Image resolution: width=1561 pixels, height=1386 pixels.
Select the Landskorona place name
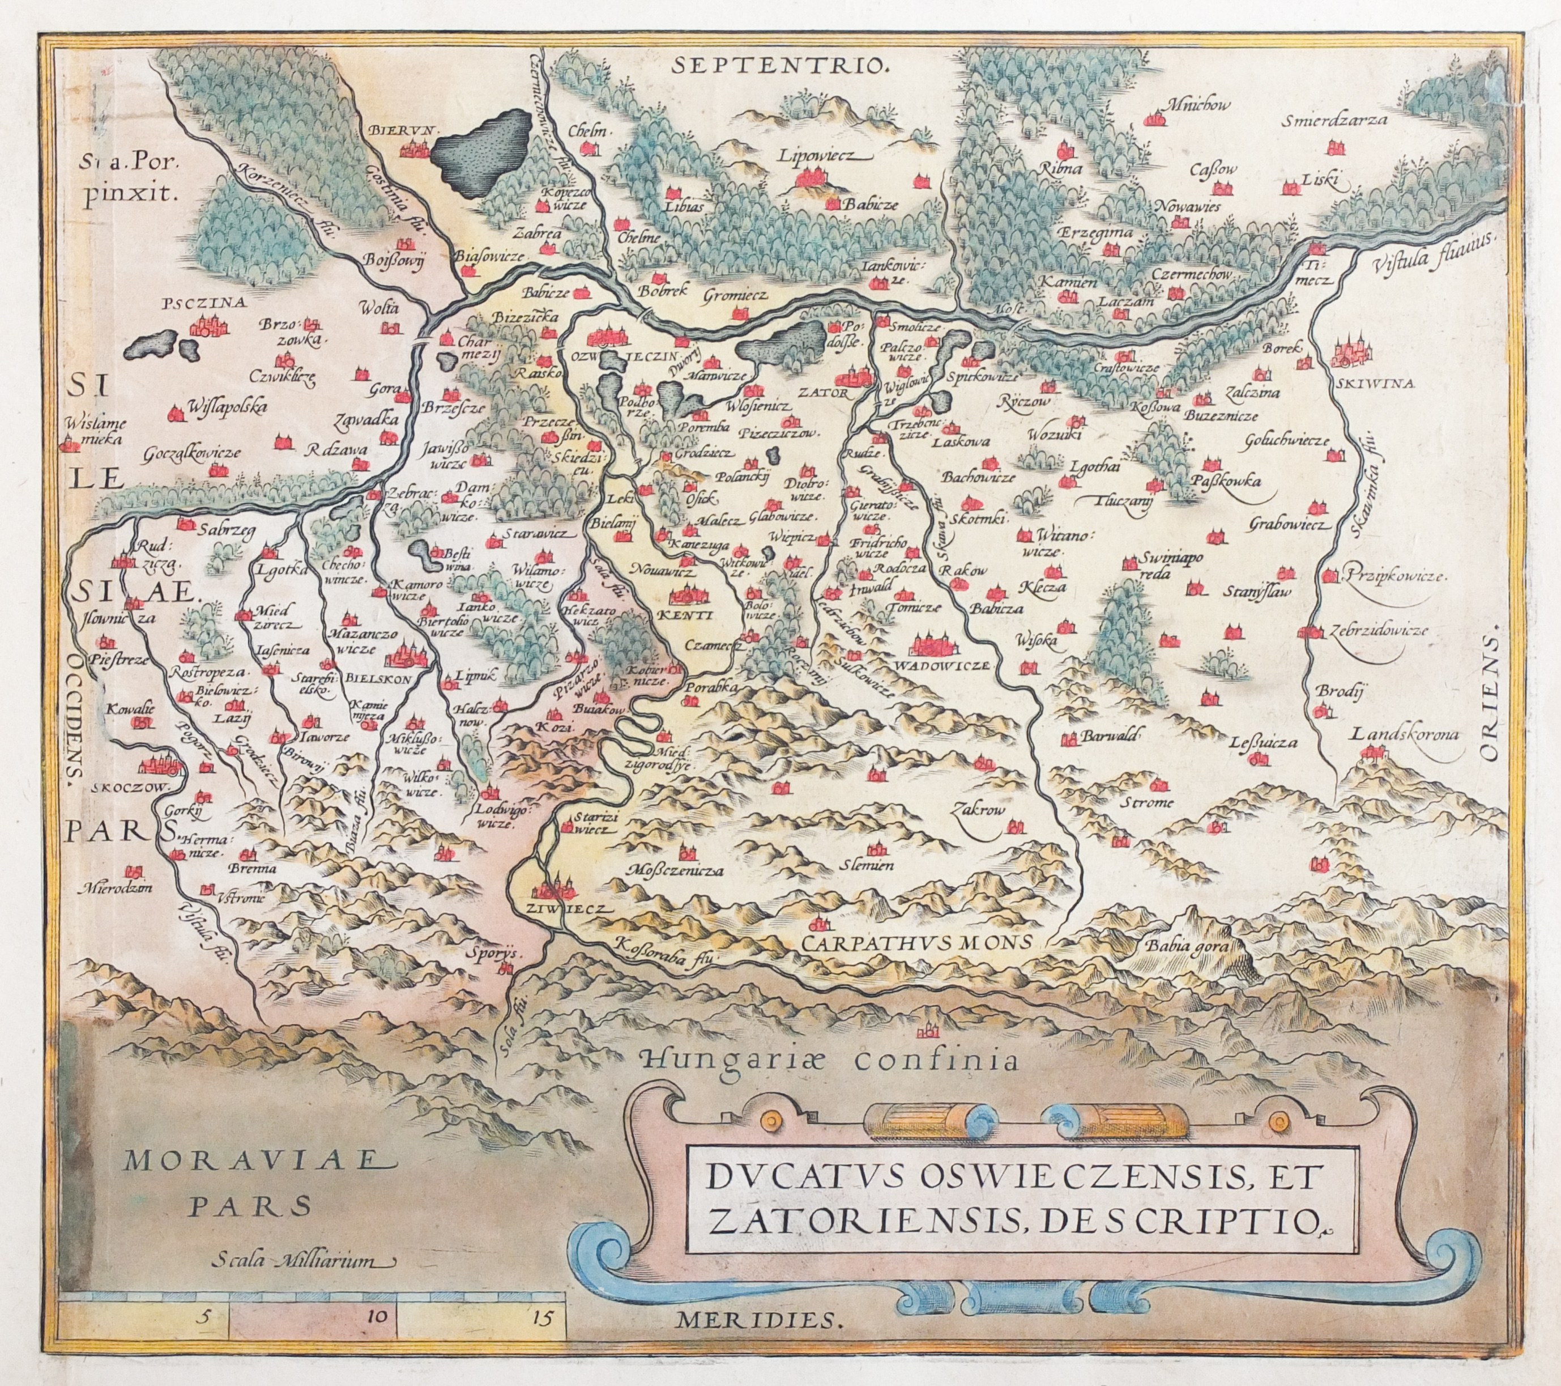coord(1405,734)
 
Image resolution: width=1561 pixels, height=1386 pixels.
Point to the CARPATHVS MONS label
coord(916,943)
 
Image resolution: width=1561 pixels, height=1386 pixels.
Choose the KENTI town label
coord(691,614)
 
